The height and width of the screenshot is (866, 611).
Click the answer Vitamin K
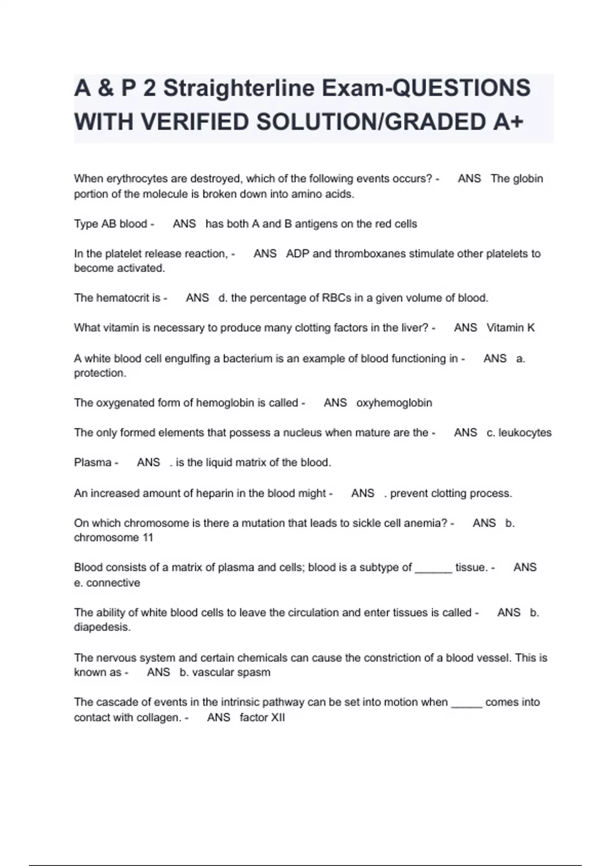click(x=511, y=328)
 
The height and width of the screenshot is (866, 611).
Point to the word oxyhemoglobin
click(x=394, y=403)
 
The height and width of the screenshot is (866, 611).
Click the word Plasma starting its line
click(x=93, y=463)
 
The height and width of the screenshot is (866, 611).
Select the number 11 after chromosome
click(x=148, y=537)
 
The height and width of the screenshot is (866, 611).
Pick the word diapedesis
click(x=102, y=627)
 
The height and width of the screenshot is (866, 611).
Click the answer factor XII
click(x=262, y=718)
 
